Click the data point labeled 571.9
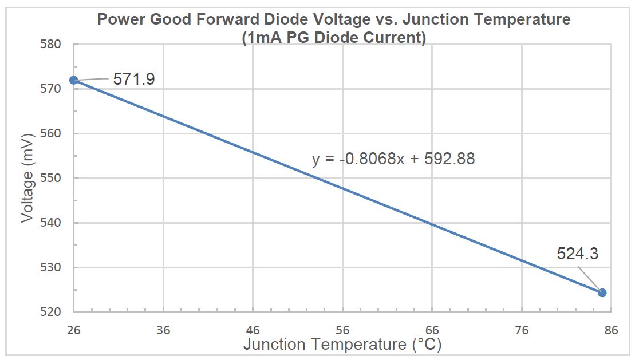74,80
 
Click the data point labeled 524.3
602,292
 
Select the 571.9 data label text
134,79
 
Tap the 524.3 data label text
577,253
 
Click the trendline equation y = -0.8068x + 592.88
393,159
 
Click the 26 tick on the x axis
74,330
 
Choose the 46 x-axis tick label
253,330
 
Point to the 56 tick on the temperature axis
342,330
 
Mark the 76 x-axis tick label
521,330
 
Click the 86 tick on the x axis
610,330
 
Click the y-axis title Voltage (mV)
27,178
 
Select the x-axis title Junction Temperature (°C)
342,345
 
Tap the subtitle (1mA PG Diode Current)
334,38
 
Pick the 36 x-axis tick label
163,330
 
